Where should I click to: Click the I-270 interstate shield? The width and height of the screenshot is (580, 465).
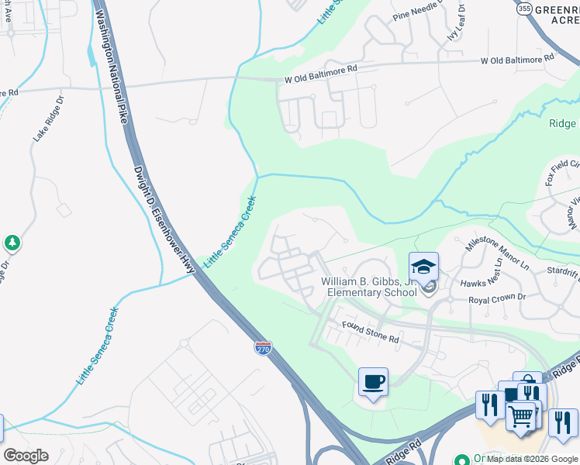tap(263, 348)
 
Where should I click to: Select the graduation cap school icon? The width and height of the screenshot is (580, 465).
tap(424, 267)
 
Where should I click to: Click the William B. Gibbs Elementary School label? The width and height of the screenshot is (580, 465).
tap(371, 287)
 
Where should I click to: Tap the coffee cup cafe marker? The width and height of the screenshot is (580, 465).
tap(374, 382)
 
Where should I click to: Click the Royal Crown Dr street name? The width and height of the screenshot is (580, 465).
tap(497, 298)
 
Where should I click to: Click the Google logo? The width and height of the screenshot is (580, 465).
tap(26, 455)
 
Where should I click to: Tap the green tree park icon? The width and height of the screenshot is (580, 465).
tap(12, 243)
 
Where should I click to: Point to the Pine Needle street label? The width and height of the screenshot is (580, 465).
tap(416, 10)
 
